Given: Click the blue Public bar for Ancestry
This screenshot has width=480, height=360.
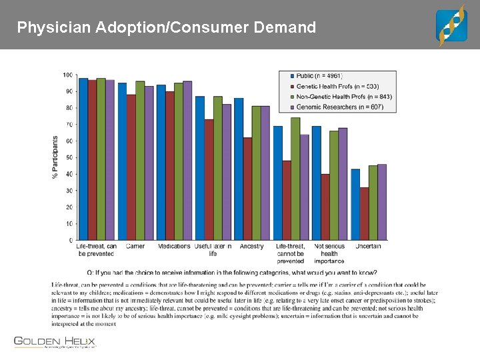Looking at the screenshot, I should pyautogui.click(x=239, y=169).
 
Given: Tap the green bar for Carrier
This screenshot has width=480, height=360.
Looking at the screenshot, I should pyautogui.click(x=140, y=161).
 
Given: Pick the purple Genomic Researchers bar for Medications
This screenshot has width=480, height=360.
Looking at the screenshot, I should pyautogui.click(x=187, y=161).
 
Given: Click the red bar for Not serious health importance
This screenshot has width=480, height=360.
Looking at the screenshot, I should pyautogui.click(x=325, y=207).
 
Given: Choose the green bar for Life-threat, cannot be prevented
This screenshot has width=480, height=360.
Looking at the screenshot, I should pyautogui.click(x=295, y=179).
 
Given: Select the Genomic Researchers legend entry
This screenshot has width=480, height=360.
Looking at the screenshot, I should pyautogui.click(x=340, y=107).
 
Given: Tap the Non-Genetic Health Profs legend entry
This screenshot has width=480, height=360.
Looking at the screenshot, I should pyautogui.click(x=343, y=97).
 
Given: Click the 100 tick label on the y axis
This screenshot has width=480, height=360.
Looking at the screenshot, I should pyautogui.click(x=69, y=75).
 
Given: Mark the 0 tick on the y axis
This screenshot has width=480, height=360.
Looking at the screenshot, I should pyautogui.click(x=71, y=240).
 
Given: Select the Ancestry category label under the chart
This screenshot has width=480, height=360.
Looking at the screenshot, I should pyautogui.click(x=252, y=247).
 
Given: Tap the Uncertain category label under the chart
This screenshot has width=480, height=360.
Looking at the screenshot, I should pyautogui.click(x=368, y=247).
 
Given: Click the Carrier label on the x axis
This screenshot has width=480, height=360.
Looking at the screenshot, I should pyautogui.click(x=135, y=247).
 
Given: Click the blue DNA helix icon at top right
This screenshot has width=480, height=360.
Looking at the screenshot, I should pyautogui.click(x=451, y=25).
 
